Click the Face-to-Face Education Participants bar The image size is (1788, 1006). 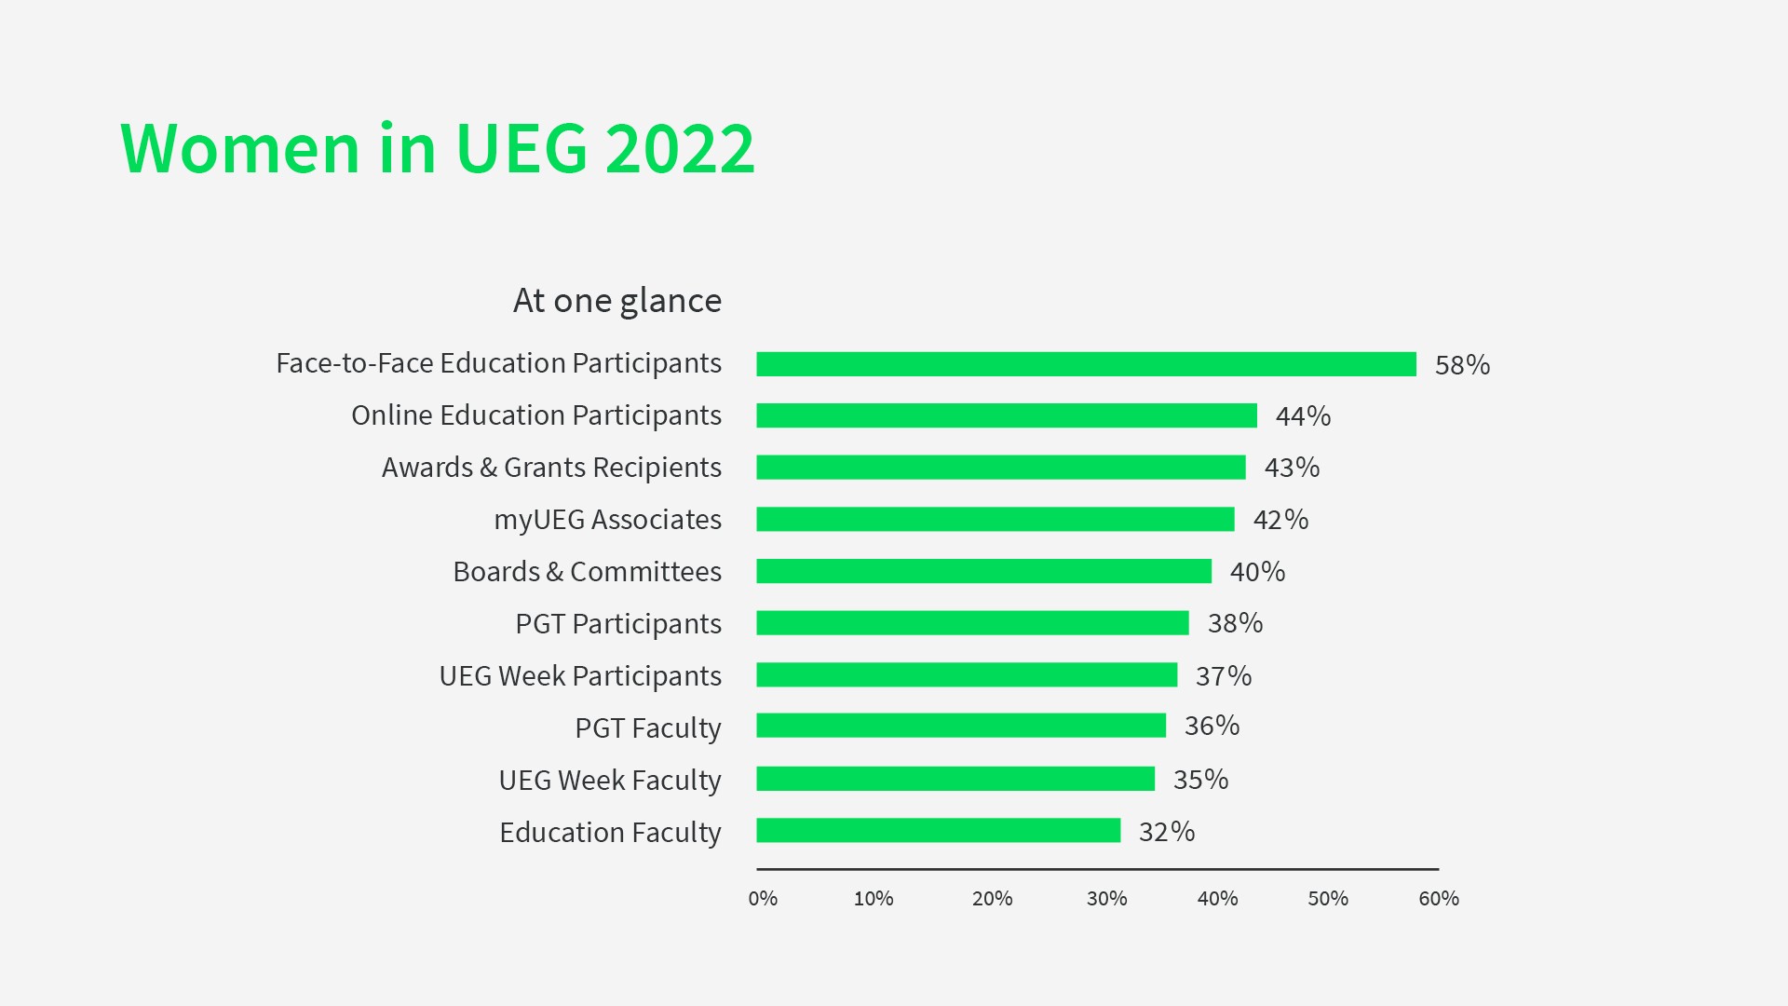[x=1086, y=364]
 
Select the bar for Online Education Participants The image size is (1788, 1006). [x=1007, y=415]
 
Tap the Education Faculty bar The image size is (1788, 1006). [x=938, y=830]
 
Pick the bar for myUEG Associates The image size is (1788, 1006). [x=996, y=519]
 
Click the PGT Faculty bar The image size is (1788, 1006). [x=961, y=726]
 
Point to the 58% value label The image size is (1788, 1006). [x=1462, y=365]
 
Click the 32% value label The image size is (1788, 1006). [x=1166, y=832]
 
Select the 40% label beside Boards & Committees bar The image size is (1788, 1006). [x=1257, y=572]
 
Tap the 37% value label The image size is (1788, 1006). [x=1223, y=676]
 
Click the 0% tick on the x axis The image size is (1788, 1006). [x=763, y=899]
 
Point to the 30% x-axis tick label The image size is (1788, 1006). [x=1106, y=899]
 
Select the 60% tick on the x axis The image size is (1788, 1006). [x=1438, y=899]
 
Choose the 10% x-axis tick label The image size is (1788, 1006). [x=874, y=899]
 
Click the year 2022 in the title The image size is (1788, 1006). [x=679, y=149]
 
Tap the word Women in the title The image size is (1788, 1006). [x=240, y=149]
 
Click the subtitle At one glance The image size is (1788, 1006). [x=616, y=301]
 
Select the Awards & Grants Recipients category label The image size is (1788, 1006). [x=551, y=468]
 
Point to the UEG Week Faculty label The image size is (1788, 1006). [x=610, y=781]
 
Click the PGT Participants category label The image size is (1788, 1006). [x=618, y=624]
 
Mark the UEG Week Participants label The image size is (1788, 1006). [x=580, y=676]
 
